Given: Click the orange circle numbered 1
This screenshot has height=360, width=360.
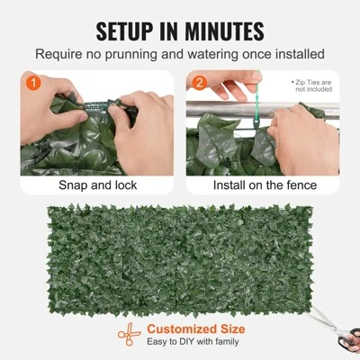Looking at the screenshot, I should coord(32,83).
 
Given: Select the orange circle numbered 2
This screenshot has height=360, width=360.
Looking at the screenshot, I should coord(200,83).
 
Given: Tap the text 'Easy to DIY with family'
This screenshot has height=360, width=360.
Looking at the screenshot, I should coord(193,344).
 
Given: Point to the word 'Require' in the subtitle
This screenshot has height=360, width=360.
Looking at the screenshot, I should coord(60,55).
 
